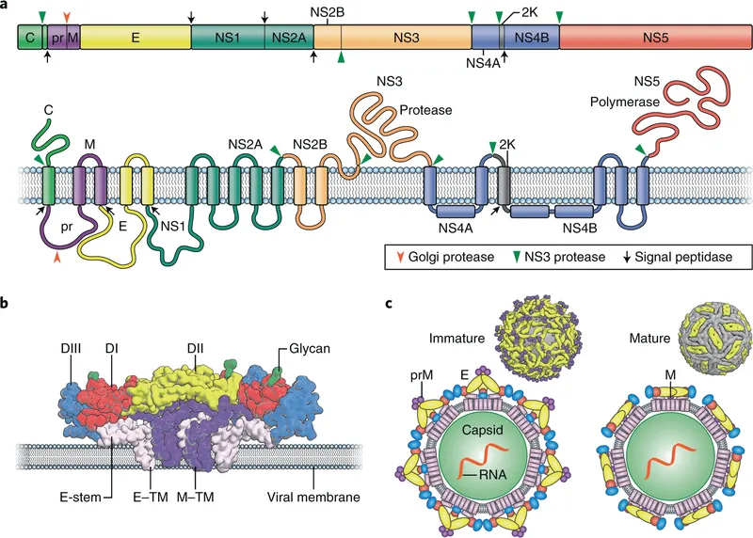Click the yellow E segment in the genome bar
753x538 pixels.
tap(136, 38)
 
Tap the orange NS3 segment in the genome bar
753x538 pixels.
tap(406, 38)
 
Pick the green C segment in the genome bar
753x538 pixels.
tap(29, 38)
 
